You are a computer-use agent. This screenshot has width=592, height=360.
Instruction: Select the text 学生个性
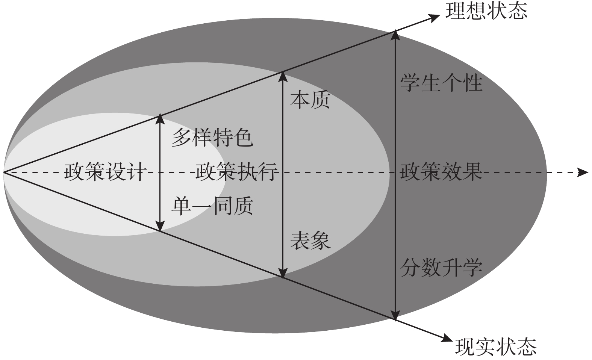coord(441,83)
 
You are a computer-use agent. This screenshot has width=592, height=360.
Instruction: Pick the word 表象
coord(310,240)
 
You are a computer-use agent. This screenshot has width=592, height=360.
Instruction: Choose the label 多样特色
coord(212,138)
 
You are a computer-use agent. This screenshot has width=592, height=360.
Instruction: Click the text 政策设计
coord(105,172)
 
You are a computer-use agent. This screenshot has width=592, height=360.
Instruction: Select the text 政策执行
coord(237,172)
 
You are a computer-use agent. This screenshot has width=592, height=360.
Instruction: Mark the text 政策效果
coord(441,172)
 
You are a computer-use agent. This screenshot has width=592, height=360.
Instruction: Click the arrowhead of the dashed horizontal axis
coord(583,172)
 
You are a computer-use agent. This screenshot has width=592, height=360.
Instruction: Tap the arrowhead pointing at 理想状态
coord(435,17)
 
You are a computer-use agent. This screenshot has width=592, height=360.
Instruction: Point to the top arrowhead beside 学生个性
coord(395,35)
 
